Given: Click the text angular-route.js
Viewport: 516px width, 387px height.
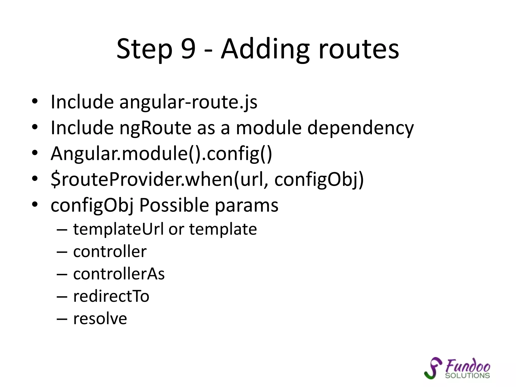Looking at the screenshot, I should (x=188, y=102).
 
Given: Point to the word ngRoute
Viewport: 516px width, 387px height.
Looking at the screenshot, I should (x=155, y=128).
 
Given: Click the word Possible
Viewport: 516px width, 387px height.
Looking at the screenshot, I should (x=174, y=205).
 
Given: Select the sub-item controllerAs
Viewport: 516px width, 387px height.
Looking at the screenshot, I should (x=119, y=274).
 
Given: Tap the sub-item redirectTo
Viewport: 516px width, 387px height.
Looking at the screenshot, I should (x=111, y=296).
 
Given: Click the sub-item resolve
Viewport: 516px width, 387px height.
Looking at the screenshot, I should (x=100, y=318).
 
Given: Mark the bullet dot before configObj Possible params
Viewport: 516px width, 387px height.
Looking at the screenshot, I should (x=35, y=204).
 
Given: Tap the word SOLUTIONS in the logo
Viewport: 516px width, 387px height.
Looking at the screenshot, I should (x=467, y=376).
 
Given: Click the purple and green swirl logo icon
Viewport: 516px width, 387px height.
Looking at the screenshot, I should (x=433, y=368).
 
